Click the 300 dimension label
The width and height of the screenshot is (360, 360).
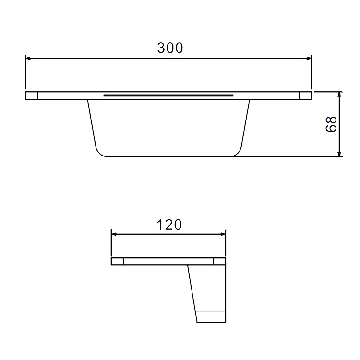tap(170, 48)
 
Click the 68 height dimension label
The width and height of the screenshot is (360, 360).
tap(331, 124)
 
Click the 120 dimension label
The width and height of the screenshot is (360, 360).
tap(169, 225)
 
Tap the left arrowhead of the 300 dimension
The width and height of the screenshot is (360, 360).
tap(28, 58)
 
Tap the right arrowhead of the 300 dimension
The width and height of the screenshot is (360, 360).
tap(309, 58)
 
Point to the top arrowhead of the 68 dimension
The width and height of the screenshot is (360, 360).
tap(339, 95)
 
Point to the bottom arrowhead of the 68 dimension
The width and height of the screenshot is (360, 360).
tap(339, 154)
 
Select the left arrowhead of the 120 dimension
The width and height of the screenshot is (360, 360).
tap(114, 234)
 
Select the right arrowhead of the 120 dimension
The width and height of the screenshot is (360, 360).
tap(223, 234)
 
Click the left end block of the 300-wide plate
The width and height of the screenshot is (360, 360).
tap(32, 96)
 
